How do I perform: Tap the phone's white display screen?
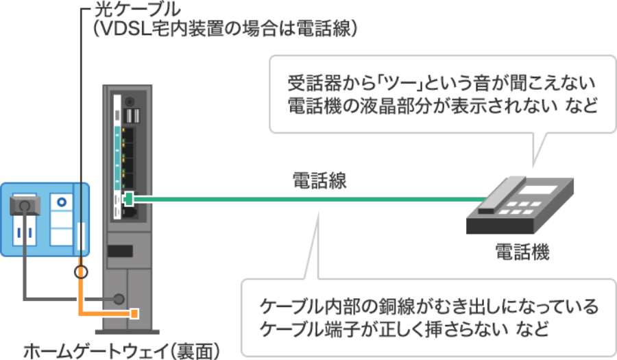(537, 189)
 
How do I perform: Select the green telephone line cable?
(308, 200)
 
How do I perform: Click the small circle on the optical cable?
(82, 272)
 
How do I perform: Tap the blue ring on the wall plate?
(63, 204)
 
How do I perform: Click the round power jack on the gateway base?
(119, 299)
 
